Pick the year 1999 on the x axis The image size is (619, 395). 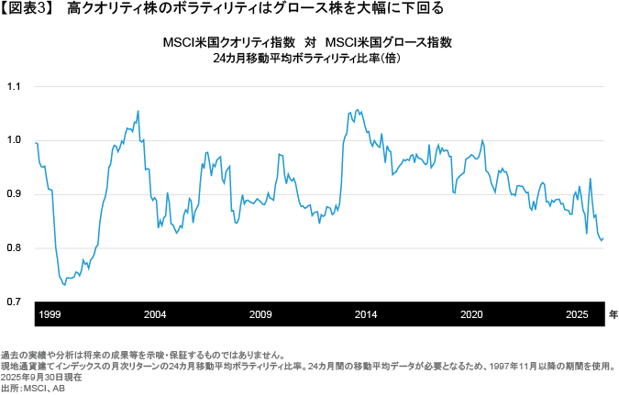[50, 314]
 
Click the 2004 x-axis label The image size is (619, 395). [155, 314]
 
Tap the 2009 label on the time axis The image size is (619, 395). [260, 314]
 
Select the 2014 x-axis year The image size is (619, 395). [366, 314]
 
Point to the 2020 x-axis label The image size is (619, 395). [471, 314]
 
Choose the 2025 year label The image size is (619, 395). [577, 314]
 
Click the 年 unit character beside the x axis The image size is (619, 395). [613, 314]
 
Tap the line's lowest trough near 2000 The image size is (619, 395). [64, 284]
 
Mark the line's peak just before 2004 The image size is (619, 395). [138, 111]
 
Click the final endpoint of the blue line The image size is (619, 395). [603, 238]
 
